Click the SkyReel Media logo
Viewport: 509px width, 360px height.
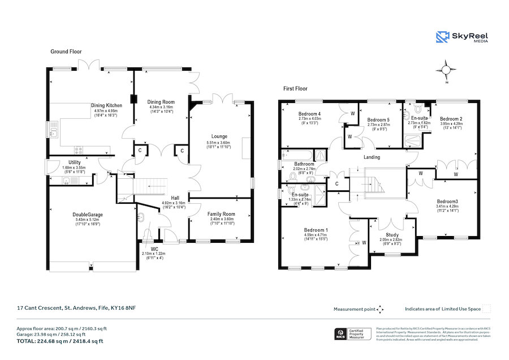click(461, 37)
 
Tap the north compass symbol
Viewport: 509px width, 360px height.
click(446, 71)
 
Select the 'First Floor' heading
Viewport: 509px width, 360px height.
click(295, 89)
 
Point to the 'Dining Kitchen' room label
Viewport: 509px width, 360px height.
click(106, 105)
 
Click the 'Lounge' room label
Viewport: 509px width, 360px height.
click(219, 136)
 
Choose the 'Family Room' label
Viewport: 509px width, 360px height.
click(221, 214)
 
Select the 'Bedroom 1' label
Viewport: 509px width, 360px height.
click(315, 230)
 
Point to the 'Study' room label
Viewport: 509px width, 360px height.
click(392, 234)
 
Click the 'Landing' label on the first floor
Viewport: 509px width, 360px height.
click(372, 157)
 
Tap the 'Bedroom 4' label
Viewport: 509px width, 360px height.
click(309, 114)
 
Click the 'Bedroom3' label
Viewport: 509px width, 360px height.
click(447, 202)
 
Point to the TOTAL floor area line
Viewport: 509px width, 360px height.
click(60, 341)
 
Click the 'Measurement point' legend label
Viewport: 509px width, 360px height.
click(355, 309)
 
